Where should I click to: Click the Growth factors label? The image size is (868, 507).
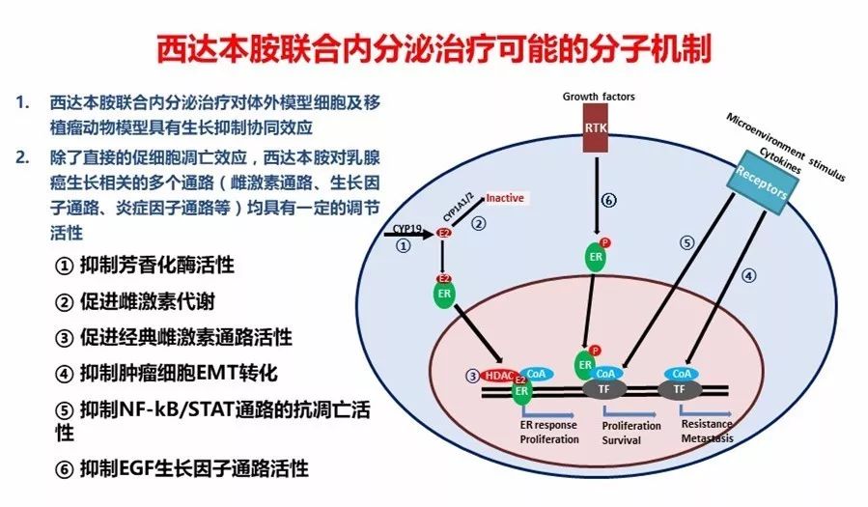pyautogui.click(x=599, y=97)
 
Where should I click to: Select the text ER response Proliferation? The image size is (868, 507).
pyautogui.click(x=549, y=432)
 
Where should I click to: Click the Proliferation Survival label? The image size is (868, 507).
pyautogui.click(x=630, y=432)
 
